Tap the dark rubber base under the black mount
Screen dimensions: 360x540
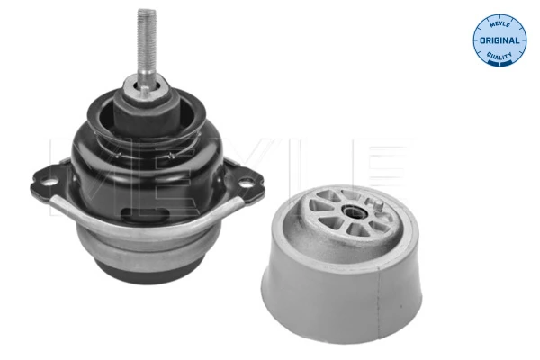click(148, 269)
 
